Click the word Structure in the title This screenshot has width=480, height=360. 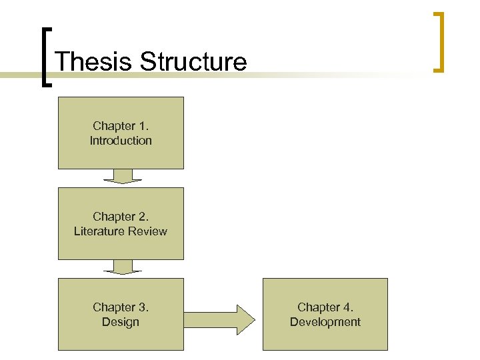click(x=193, y=62)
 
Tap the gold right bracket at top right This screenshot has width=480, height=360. click(x=439, y=41)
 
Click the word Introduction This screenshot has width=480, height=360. click(x=121, y=141)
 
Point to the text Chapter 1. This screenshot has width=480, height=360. click(x=121, y=126)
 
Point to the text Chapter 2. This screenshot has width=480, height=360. click(x=121, y=217)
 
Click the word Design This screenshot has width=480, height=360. click(x=121, y=322)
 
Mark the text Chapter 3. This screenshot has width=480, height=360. click(x=121, y=307)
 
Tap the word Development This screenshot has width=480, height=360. click(x=325, y=322)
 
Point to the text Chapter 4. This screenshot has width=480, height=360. click(x=325, y=307)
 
